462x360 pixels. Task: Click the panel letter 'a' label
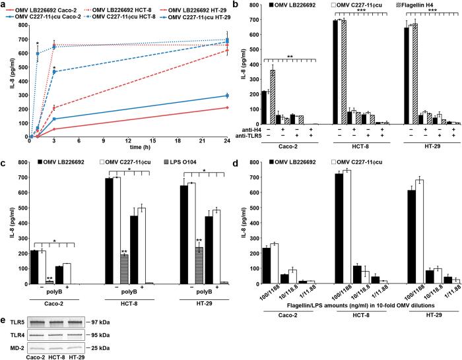[x=3, y=5]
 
